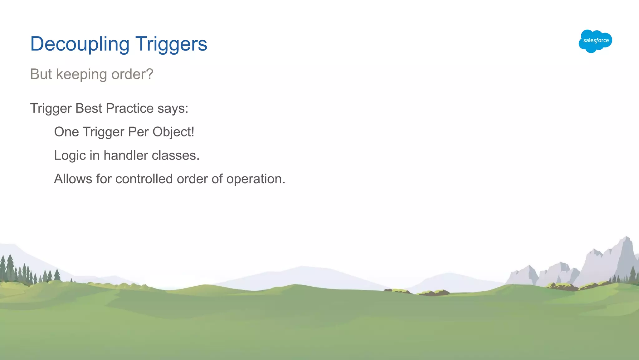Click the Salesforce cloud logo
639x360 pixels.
595,41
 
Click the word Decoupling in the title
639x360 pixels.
80,44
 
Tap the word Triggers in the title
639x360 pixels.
171,44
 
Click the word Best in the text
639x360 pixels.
89,108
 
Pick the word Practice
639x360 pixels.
129,108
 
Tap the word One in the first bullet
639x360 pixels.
66,132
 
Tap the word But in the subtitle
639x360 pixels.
41,74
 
